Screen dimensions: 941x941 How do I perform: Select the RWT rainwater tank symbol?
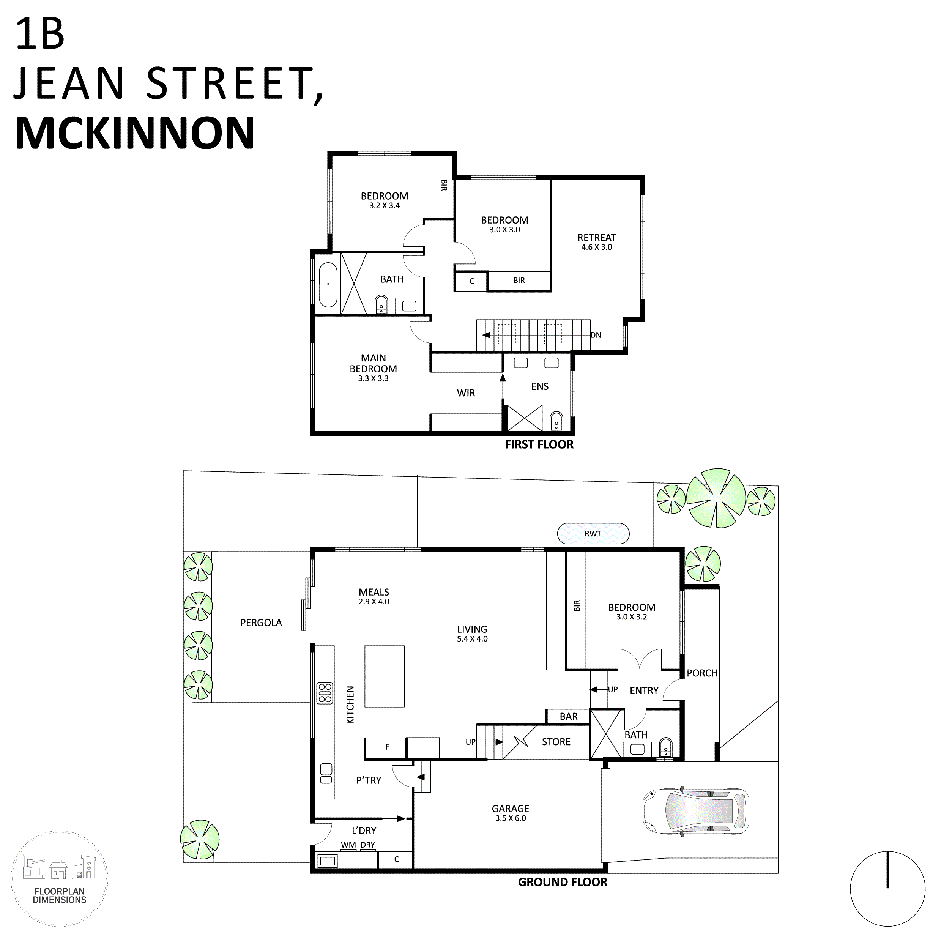[593, 533]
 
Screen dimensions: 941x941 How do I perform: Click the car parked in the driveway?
[695, 812]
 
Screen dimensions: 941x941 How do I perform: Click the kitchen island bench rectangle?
[384, 676]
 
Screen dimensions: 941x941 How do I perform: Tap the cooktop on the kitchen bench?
[325, 693]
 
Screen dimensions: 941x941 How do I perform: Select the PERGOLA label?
[261, 623]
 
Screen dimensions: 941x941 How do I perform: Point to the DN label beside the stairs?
[596, 335]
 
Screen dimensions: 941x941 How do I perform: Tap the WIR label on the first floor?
[466, 393]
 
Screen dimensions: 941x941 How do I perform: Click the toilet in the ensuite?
[556, 422]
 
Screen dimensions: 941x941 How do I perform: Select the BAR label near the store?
[568, 716]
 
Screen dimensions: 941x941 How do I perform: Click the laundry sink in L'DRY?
[328, 861]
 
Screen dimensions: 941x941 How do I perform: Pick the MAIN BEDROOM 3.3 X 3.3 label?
[373, 368]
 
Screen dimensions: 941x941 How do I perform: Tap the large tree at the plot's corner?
[716, 498]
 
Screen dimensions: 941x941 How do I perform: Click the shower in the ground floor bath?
[606, 735]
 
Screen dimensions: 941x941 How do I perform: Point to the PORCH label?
[702, 673]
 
